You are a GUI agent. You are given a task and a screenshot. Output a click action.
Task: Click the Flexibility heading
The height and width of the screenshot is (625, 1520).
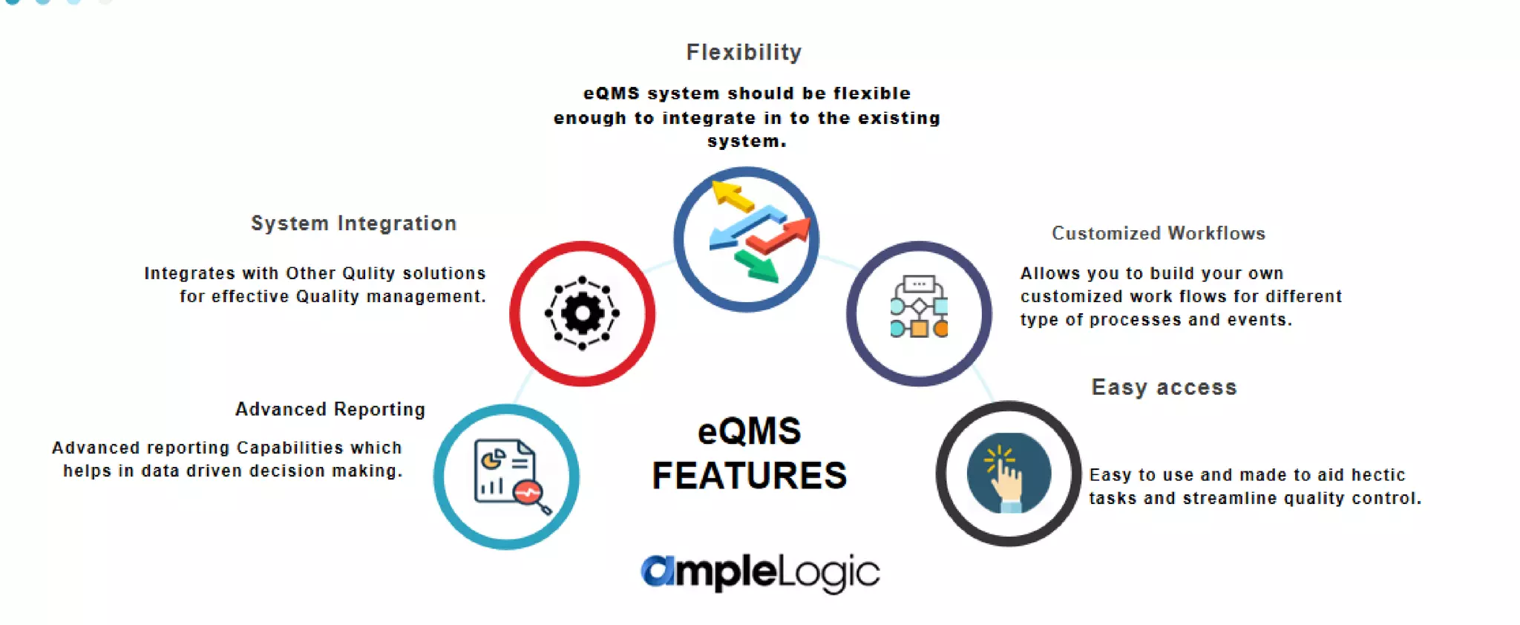click(x=744, y=53)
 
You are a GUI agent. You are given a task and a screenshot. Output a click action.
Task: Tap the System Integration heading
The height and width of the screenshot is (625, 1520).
click(x=353, y=223)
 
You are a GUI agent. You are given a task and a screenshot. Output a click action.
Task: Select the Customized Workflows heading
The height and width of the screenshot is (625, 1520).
click(x=1158, y=234)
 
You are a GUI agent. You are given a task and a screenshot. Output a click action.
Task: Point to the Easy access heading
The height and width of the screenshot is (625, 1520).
click(x=1164, y=387)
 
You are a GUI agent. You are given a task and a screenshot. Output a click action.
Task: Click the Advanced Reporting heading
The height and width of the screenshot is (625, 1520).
click(x=330, y=410)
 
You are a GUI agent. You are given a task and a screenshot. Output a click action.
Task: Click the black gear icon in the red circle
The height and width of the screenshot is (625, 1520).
click(x=582, y=313)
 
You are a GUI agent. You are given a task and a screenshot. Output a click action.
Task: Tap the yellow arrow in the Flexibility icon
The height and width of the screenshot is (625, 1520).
click(x=731, y=196)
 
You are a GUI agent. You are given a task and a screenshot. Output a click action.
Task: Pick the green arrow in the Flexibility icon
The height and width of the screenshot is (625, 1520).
click(x=757, y=266)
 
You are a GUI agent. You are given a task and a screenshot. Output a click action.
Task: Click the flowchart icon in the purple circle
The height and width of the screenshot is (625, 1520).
click(x=919, y=307)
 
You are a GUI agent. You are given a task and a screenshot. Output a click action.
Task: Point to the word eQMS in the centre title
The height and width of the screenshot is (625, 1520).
click(x=749, y=432)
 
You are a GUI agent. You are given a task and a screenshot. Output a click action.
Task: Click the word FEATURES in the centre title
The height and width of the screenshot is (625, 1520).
click(x=749, y=476)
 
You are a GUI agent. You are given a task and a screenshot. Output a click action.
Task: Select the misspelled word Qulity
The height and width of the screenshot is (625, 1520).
click(x=368, y=274)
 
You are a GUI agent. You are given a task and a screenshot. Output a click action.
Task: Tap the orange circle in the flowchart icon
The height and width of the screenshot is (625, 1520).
click(x=941, y=328)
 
